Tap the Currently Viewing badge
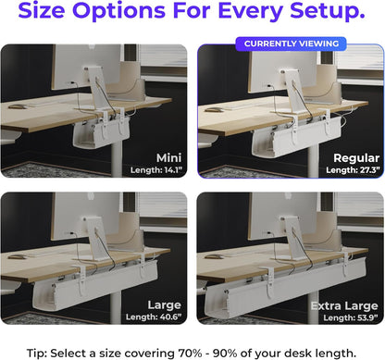pyautogui.click(x=290, y=43)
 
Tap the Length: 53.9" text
pyautogui.click(x=342, y=317)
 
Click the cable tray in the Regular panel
pyautogui.click(x=278, y=140)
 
